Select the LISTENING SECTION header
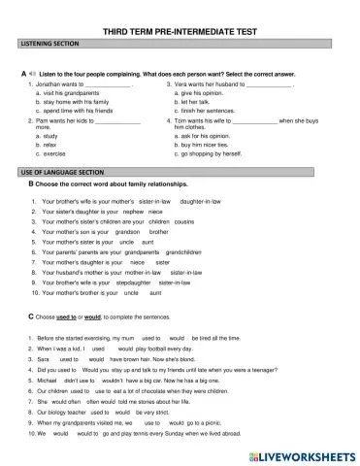(x=49, y=46)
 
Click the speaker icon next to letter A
(x=32, y=75)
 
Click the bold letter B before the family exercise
(x=32, y=183)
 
